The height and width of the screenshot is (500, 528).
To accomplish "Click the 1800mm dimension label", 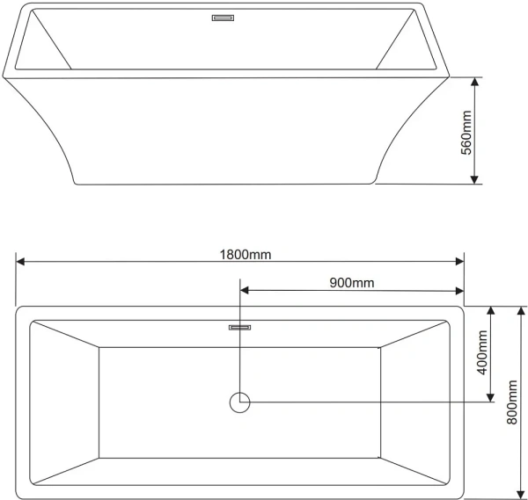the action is coord(246,255).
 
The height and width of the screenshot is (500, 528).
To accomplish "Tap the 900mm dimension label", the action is coord(351,283).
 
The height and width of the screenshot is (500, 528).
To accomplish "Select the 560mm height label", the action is coord(466,133).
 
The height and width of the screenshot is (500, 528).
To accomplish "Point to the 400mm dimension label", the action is coord(482,352).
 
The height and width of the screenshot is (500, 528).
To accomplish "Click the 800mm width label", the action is coord(512,402).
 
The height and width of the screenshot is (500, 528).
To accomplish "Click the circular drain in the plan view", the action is coord(239,402).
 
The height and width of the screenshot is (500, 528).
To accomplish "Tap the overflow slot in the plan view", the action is coord(239,327).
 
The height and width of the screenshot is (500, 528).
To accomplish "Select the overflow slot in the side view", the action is coord(223,18).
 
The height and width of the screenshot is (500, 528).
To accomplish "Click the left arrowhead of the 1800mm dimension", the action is coord(20,261).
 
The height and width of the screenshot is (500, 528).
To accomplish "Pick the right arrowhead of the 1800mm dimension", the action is coord(459,261).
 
